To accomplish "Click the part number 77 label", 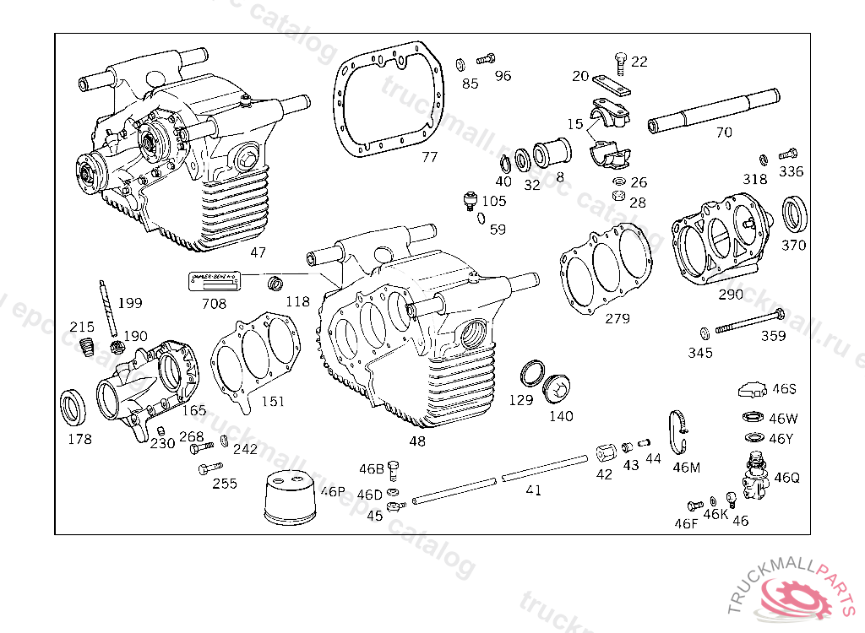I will pyautogui.click(x=430, y=157).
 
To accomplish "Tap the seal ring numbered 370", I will pyautogui.click(x=794, y=214).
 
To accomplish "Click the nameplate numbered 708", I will pyautogui.click(x=215, y=282).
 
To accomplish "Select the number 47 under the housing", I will pyautogui.click(x=258, y=252).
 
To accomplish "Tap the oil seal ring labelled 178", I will pyautogui.click(x=73, y=408).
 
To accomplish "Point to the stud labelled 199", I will pyautogui.click(x=107, y=308).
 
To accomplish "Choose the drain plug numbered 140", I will pyautogui.click(x=558, y=389).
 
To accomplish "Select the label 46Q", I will pyautogui.click(x=786, y=478).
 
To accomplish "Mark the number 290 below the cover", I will pyautogui.click(x=731, y=295).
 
